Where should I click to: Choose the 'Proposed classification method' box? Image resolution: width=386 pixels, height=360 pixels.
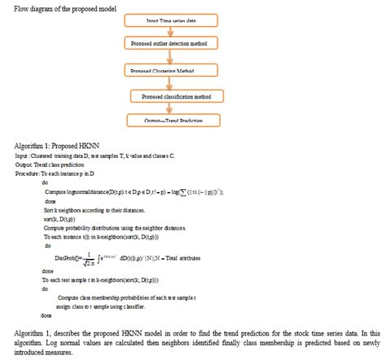(175, 96)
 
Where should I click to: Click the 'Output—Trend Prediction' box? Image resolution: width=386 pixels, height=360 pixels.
(175, 121)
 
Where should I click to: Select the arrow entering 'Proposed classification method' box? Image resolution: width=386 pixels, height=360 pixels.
(172, 84)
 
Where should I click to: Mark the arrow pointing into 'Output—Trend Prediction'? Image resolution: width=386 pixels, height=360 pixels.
(173, 109)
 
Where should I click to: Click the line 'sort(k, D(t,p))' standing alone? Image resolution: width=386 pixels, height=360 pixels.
(60, 217)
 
